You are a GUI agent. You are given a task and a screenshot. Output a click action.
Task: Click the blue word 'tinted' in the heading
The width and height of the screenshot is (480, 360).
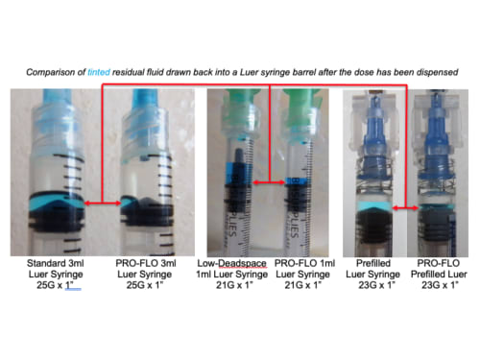coord(99,72)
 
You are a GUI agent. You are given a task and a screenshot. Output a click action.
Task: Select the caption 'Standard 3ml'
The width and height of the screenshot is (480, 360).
coord(56,263)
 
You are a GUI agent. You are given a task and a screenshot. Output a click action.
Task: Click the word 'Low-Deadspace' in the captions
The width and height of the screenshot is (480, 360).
coord(231,263)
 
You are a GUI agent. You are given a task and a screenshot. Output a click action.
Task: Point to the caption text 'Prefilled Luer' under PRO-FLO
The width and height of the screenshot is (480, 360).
coord(439,275)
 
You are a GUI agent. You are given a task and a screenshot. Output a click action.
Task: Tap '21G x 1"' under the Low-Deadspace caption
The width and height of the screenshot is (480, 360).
coord(234,285)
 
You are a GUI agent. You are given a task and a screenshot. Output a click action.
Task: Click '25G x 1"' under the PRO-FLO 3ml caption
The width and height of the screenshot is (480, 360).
coord(145,285)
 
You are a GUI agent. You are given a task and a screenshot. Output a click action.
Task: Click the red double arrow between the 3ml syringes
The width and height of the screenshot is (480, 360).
coord(103,203)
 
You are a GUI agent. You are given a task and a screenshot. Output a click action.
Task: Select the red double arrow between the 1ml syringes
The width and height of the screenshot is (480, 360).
coord(269,182)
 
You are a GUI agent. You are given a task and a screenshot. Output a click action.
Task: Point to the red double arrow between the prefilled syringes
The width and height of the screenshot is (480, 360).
coord(405,208)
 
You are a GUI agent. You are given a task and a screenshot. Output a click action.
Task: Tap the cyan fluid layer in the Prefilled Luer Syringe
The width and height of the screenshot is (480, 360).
coord(374,206)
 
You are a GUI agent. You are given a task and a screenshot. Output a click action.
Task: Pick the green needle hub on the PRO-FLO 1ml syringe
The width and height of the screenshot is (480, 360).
coord(302,100)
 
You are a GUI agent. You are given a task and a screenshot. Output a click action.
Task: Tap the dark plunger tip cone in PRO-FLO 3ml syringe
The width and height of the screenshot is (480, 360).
coord(146,203)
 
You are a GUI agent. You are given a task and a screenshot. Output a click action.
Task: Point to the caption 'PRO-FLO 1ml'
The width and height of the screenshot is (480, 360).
coord(304,263)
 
